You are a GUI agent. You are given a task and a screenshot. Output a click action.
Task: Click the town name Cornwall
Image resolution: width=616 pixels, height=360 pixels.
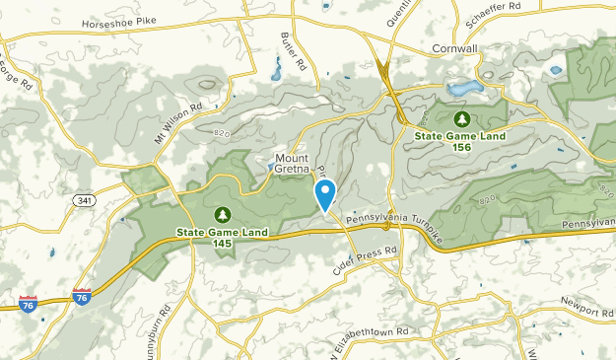[455, 47]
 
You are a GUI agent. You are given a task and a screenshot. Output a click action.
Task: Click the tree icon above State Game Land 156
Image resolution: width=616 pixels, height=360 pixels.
[460, 117]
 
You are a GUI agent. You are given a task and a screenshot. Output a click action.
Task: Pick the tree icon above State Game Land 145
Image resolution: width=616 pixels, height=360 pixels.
[222, 214]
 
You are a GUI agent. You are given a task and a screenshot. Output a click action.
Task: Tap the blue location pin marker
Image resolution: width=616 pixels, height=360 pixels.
[324, 193]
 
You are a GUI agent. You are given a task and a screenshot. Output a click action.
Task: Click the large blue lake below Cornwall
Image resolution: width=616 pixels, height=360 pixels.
[465, 89]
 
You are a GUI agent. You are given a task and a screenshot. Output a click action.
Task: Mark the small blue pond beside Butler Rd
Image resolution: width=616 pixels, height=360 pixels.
[273, 71]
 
